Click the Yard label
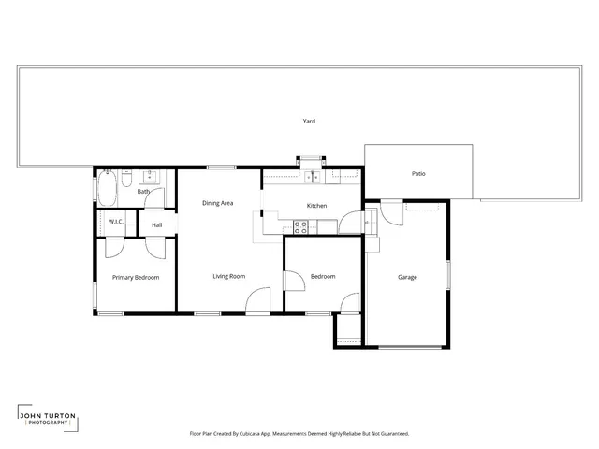(308, 122)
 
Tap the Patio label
(419, 173)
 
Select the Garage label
(407, 277)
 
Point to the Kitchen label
(316, 206)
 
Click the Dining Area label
(218, 203)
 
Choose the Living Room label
(228, 276)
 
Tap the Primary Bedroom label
(136, 278)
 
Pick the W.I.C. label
(116, 222)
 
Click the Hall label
(157, 224)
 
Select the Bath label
(143, 192)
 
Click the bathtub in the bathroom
(107, 187)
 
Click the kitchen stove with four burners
(301, 224)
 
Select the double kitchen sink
(311, 175)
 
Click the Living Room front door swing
(256, 301)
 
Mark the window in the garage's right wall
(448, 275)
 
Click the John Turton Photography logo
(47, 418)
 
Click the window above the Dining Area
(221, 167)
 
